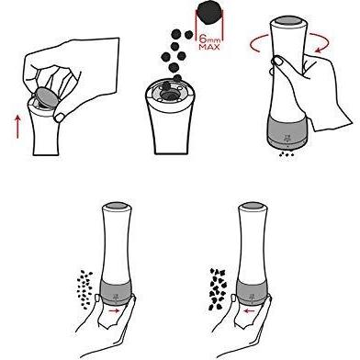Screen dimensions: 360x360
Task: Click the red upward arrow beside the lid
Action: point(17,127)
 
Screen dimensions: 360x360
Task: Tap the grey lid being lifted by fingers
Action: point(46,96)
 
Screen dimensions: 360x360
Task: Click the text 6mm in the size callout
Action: point(209,39)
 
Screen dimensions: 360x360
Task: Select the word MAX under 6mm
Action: point(209,47)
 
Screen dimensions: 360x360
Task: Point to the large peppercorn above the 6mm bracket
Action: point(210,13)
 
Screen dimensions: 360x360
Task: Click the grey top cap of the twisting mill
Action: point(287,21)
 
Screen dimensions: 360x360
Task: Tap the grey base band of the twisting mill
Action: point(287,131)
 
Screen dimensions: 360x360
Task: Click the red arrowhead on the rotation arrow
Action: point(320,50)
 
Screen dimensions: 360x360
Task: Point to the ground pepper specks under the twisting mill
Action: point(287,155)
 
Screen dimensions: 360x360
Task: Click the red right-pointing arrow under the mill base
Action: point(114,310)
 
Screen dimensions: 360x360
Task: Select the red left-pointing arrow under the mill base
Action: point(249,310)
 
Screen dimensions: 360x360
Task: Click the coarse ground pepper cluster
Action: point(218,288)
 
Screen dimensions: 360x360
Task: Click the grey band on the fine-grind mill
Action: point(116,292)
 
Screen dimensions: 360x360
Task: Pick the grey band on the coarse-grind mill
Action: point(252,292)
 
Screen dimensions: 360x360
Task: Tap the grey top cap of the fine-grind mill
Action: point(116,207)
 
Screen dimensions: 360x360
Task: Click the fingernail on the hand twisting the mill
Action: point(278,62)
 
